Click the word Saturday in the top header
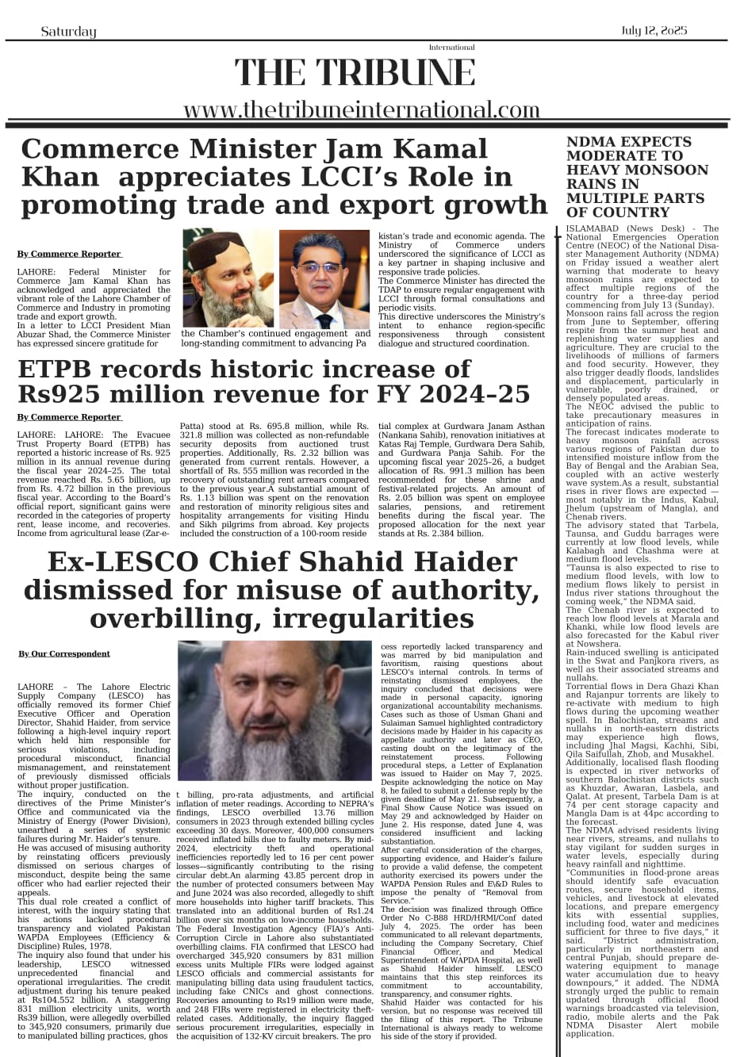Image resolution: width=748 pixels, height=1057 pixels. (68, 32)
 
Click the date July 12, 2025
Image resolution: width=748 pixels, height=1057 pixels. (654, 31)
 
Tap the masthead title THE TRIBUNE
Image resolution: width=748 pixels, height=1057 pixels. (355, 74)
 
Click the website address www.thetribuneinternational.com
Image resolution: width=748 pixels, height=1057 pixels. (361, 109)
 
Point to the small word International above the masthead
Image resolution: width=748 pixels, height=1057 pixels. (451, 48)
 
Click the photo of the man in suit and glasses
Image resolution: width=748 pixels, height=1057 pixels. (324, 278)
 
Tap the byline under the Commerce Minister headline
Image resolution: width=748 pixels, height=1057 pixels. (69, 254)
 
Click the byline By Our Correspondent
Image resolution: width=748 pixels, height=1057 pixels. (64, 653)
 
